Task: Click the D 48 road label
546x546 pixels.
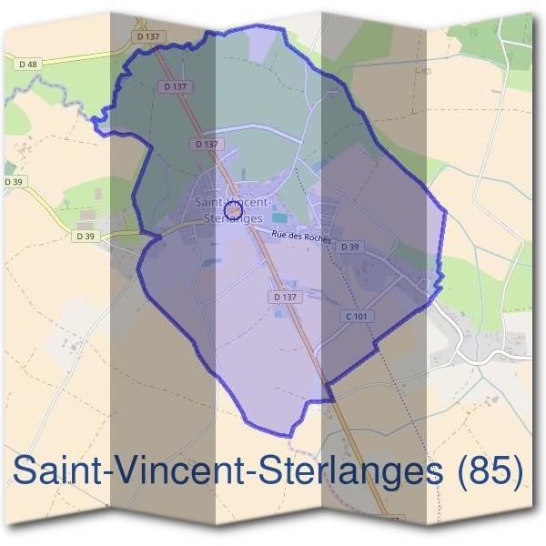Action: coord(27,64)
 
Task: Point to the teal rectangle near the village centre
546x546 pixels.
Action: coord(278,217)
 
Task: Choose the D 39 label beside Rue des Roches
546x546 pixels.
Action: coord(351,247)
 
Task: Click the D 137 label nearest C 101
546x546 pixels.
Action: coord(285,298)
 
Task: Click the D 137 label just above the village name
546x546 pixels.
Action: coord(207,145)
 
